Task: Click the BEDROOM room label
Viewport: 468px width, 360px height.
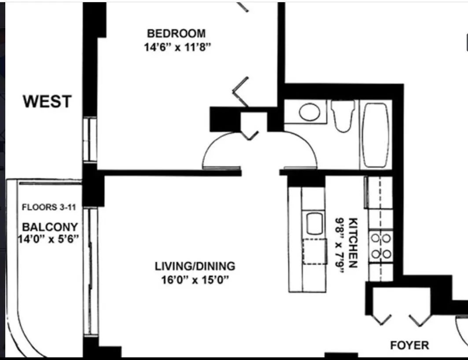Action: click(176, 33)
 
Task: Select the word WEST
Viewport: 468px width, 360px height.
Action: click(47, 102)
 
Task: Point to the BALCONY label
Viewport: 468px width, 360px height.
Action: click(50, 227)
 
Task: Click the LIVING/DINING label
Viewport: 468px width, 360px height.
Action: click(195, 266)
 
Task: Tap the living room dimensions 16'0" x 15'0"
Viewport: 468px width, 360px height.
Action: click(195, 280)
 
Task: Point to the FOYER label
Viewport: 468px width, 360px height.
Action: click(409, 345)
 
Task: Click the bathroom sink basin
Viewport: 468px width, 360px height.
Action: click(310, 112)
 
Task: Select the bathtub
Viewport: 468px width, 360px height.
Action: click(376, 135)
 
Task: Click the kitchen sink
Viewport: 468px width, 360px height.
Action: click(314, 224)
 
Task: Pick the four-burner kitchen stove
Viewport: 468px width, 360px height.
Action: click(380, 246)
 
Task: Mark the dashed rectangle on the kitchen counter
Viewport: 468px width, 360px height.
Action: click(315, 251)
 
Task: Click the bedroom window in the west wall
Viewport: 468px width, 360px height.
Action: click(90, 140)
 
